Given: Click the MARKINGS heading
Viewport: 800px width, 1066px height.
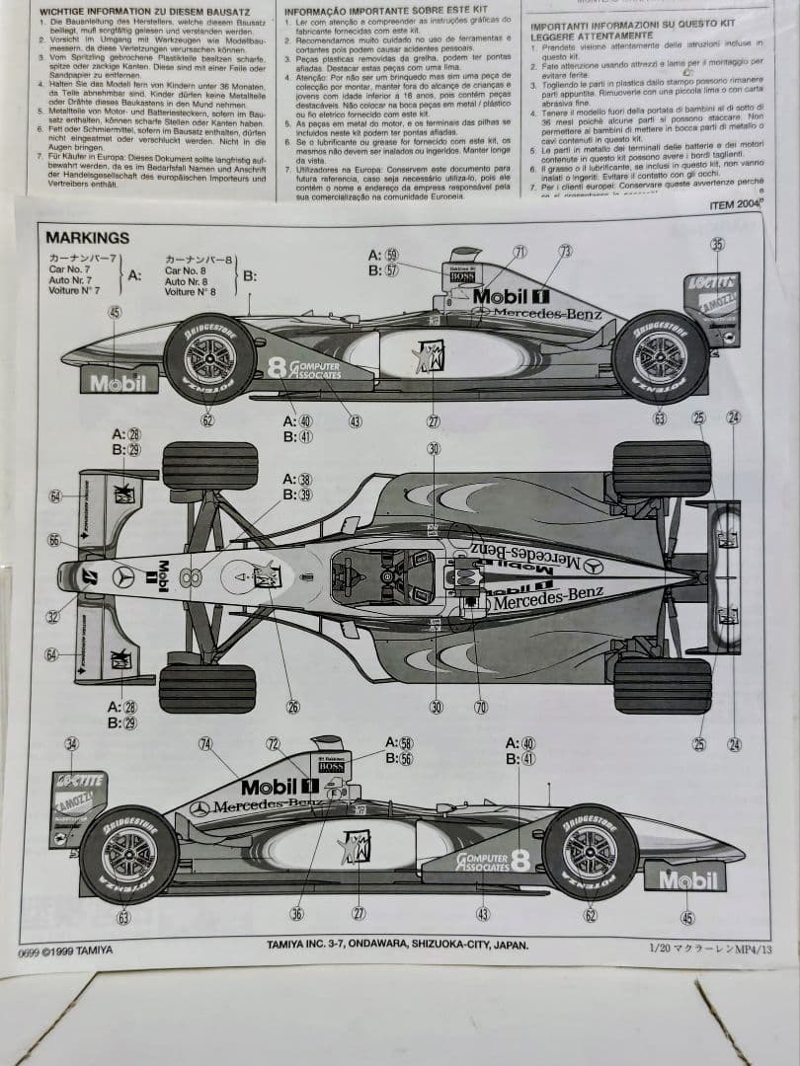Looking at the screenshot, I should [87, 238].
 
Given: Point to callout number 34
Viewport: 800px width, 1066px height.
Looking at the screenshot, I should [71, 744].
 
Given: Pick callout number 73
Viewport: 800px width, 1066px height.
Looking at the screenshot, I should [565, 251].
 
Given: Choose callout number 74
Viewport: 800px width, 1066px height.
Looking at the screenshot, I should [205, 743].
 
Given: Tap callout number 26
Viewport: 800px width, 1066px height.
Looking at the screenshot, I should [293, 706].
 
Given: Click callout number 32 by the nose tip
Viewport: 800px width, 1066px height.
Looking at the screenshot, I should [52, 617].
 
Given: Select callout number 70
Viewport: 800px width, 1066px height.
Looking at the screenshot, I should [481, 706].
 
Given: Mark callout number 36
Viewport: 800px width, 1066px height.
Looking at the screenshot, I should [297, 914].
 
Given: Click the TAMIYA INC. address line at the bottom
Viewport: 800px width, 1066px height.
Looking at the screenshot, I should [397, 945].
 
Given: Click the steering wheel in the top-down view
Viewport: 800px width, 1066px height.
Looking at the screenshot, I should [386, 574].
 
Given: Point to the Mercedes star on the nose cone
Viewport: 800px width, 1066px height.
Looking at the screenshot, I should [123, 576].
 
